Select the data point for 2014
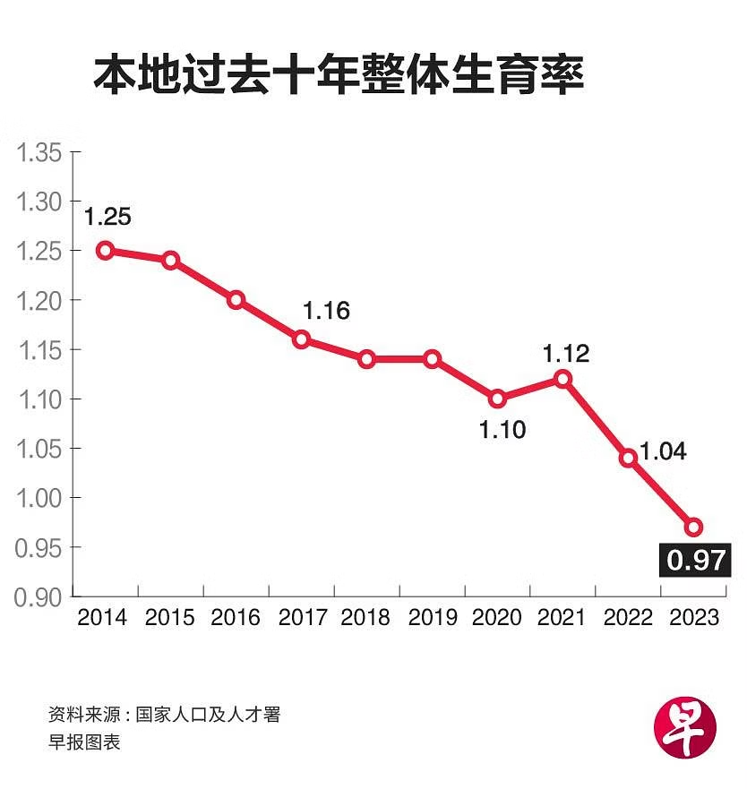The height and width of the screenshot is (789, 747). click(106, 251)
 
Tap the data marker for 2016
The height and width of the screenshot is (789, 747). click(236, 300)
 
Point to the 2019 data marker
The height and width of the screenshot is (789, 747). click(432, 359)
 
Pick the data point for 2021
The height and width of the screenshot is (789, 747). click(562, 379)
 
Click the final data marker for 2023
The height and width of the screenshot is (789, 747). click(693, 527)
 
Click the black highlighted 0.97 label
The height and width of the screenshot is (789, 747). click(694, 562)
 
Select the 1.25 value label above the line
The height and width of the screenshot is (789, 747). click(107, 216)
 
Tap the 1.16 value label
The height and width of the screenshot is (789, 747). click(326, 311)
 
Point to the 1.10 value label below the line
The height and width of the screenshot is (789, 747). click(502, 430)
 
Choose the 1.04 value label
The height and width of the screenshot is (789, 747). click(663, 451)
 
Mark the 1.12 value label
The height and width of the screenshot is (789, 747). click(566, 354)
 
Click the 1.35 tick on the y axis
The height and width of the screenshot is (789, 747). click(39, 153)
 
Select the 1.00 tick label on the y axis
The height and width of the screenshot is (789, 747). click(39, 498)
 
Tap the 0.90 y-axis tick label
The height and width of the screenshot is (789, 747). click(39, 597)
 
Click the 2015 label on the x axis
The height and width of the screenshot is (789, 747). click(170, 618)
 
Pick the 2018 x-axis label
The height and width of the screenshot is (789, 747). click(365, 618)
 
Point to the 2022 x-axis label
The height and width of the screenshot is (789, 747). click(629, 618)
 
